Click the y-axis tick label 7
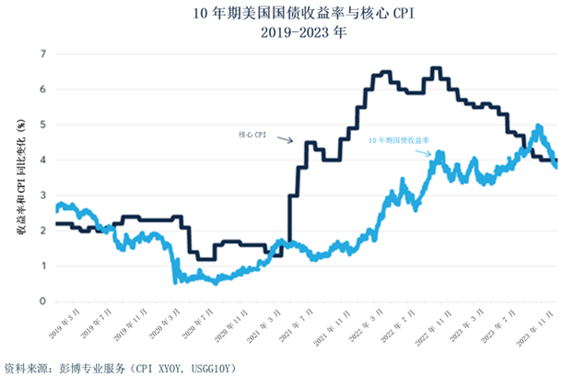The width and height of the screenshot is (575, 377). click(42, 53)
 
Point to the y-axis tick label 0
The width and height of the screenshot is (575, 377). click(42, 301)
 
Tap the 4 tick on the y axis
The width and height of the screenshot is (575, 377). click(42, 159)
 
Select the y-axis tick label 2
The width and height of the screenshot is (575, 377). click(42, 230)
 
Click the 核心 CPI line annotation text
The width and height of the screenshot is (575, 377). click(252, 135)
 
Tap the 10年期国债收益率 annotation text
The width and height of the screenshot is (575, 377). click(399, 140)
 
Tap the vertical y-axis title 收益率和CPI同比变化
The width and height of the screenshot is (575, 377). click(19, 180)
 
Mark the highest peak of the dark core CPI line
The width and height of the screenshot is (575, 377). click(436, 68)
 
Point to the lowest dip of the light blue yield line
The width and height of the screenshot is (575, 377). click(176, 282)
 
